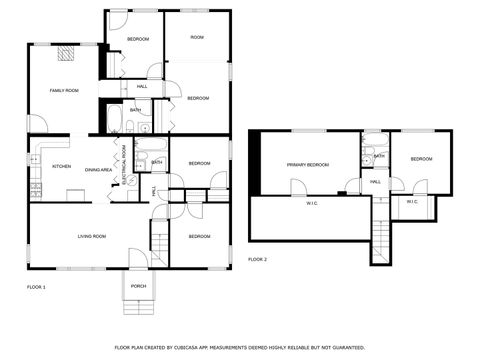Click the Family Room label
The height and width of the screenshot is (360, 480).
[64, 91]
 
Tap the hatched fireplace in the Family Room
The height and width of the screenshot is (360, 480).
[67, 55]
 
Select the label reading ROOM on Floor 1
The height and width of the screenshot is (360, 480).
[197, 37]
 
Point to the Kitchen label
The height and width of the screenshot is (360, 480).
[61, 166]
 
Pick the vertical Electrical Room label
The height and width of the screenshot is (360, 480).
[124, 161]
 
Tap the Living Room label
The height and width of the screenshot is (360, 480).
[92, 236]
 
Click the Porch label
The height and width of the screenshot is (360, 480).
[138, 286]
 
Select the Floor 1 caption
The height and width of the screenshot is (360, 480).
[36, 287]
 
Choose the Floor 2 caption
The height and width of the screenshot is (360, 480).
[257, 259]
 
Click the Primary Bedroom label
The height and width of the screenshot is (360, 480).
[308, 164]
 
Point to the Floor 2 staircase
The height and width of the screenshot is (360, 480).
[381, 232]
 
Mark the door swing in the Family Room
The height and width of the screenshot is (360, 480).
[36, 124]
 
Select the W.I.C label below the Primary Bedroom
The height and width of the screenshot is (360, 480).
[311, 204]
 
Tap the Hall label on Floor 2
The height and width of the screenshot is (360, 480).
[375, 182]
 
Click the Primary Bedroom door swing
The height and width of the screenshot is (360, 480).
[298, 187]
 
